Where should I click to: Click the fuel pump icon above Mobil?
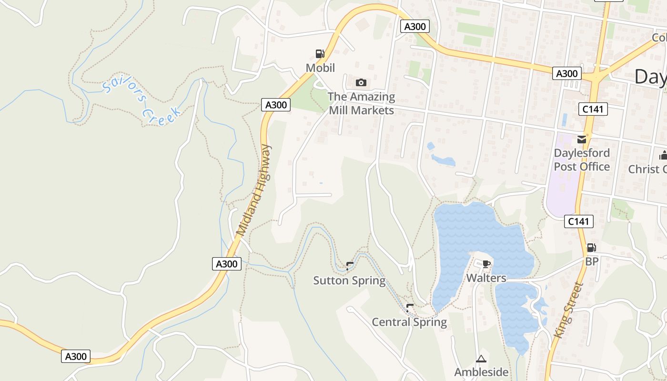pos(320,54)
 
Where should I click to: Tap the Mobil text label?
pos(320,68)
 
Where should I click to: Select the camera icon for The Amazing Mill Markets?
pos(361,83)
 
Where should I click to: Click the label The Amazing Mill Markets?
pos(361,103)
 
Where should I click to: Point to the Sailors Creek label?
pos(142,102)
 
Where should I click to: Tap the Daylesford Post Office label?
pos(582,160)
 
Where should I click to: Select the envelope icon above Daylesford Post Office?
pos(582,140)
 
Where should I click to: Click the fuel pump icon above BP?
pos(591,248)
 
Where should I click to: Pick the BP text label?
pos(592,261)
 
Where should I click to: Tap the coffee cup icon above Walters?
pos(486,264)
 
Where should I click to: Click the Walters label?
pos(486,278)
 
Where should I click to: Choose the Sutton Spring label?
pos(349,281)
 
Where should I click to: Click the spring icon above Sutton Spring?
pos(350,266)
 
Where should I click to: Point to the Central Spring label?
pos(409,322)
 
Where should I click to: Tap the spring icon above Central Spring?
pos(409,308)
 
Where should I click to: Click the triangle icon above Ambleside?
pos(481,359)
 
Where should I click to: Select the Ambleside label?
pos(481,372)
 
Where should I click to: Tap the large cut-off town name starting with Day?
pos(651,76)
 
